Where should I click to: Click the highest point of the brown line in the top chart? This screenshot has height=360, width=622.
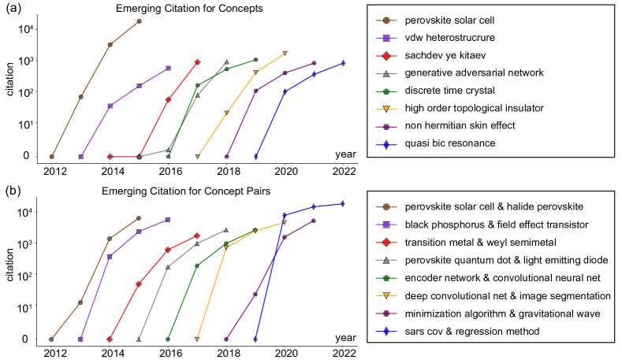point(139,21)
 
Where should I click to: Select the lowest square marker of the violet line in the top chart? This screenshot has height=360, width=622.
point(81,156)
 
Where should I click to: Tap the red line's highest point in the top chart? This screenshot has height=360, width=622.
point(197,61)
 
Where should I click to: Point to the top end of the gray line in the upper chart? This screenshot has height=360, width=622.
point(226,62)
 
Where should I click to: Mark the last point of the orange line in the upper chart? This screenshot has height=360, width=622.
point(285,53)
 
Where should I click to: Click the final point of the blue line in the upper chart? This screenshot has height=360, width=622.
point(343,63)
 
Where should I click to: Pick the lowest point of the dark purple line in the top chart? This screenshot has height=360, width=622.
point(226,156)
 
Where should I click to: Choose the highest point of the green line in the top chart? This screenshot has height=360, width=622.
point(255,59)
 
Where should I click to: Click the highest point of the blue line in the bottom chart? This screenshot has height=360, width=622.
point(342,203)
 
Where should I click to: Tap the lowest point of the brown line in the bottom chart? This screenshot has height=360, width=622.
point(51,339)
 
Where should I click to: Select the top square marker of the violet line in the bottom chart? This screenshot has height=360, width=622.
point(168,220)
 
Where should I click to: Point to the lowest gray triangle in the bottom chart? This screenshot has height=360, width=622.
point(139,339)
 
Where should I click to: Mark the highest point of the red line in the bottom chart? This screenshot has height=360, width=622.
point(197,236)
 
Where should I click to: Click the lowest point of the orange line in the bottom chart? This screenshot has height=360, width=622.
point(197,339)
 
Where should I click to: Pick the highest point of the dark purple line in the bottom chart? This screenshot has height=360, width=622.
point(314,221)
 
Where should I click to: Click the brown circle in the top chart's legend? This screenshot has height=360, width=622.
point(385,20)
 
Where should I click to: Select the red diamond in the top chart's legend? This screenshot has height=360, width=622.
point(385,56)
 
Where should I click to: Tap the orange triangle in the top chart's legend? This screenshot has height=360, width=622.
point(385,109)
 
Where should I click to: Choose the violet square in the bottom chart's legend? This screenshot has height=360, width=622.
point(385,225)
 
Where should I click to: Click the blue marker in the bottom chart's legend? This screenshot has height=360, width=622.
point(385,332)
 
